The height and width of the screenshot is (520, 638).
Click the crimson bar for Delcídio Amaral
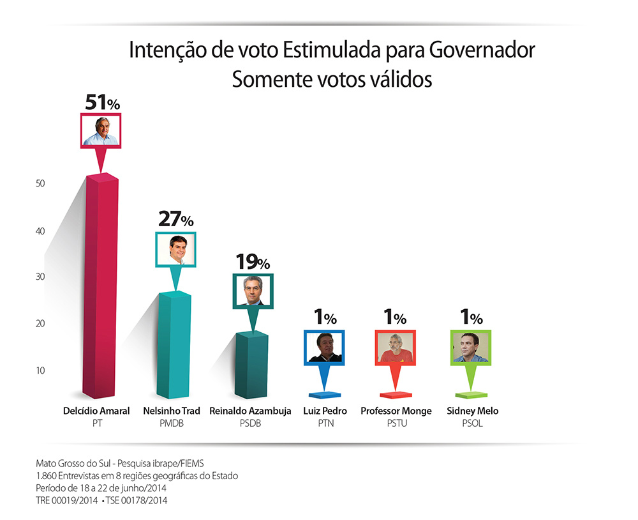(x=102, y=287)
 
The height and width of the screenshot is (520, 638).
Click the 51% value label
(x=103, y=102)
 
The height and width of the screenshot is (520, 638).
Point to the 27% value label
(x=175, y=220)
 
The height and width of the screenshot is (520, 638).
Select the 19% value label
(x=253, y=261)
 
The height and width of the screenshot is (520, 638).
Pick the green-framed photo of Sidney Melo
(x=471, y=348)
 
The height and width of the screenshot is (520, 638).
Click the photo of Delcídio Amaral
(x=101, y=131)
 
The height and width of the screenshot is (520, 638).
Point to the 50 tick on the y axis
(x=40, y=183)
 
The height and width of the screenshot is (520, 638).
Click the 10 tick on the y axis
(x=40, y=371)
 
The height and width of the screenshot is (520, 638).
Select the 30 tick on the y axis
(x=40, y=277)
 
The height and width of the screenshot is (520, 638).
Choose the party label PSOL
(x=473, y=423)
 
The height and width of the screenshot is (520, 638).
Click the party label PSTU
(x=396, y=423)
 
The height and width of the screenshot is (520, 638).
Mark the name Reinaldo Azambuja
(x=250, y=411)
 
